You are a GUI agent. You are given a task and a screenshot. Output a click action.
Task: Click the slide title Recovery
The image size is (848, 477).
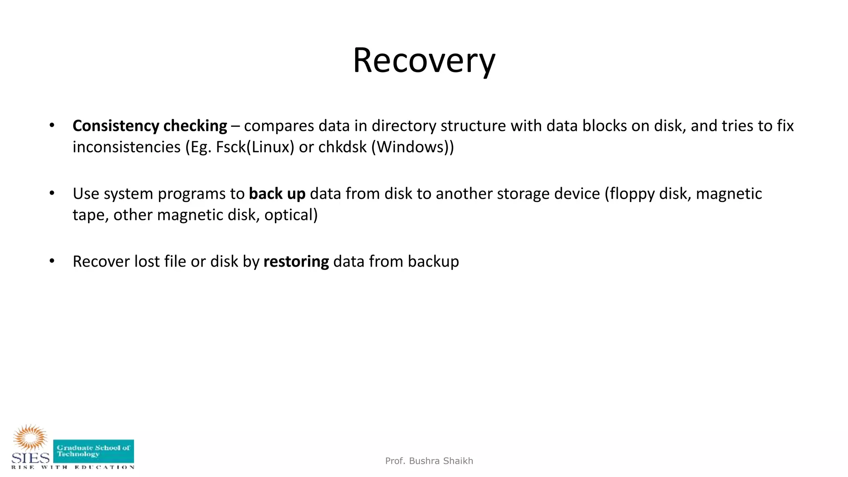point(424,61)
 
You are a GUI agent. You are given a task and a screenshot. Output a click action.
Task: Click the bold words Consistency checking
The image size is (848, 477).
point(149,126)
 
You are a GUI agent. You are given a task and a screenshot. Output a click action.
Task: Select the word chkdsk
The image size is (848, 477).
point(342,147)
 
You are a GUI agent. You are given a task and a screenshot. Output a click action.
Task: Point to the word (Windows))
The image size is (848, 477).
point(412,147)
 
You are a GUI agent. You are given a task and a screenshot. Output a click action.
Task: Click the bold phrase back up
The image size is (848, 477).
point(277,194)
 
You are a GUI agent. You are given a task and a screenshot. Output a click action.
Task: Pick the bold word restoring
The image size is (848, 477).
point(296,262)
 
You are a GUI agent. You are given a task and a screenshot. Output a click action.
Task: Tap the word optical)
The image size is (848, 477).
point(291,215)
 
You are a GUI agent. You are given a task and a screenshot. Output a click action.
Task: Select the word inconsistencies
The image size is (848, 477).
point(127,147)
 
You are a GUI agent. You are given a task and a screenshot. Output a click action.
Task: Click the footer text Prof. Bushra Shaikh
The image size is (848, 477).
point(429,461)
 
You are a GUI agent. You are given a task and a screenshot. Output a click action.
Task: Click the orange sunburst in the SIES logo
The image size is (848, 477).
point(30,437)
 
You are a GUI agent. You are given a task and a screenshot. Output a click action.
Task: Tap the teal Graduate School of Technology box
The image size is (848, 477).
point(94,451)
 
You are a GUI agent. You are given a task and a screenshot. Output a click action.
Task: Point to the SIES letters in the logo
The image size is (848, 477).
point(30,458)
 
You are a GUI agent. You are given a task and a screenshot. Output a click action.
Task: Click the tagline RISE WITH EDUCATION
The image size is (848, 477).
point(73,467)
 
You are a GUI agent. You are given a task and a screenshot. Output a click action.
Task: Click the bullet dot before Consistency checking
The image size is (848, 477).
point(52,125)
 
